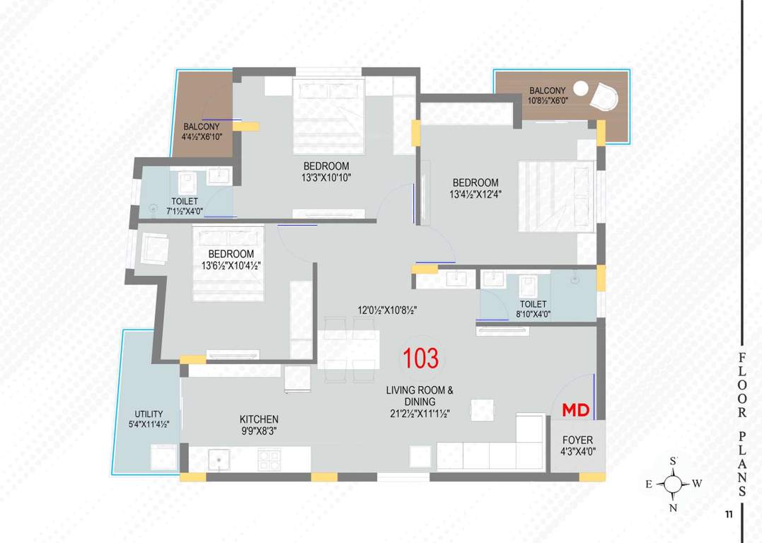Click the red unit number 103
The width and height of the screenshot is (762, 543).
pyautogui.click(x=420, y=358)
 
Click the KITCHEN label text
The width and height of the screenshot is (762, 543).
pyautogui.click(x=258, y=424)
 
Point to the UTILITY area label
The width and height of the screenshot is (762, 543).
pyautogui.click(x=149, y=419)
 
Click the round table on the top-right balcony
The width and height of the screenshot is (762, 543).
pyautogui.click(x=581, y=88)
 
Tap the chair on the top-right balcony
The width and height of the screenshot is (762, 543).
pyautogui.click(x=606, y=97)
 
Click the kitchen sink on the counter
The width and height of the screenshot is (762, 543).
pyautogui.click(x=219, y=460)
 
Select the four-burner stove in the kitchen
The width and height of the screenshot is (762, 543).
pyautogui.click(x=269, y=460)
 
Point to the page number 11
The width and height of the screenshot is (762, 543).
pyautogui.click(x=728, y=515)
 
